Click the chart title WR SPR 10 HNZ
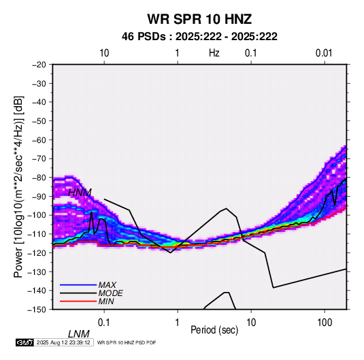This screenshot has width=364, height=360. (199, 19)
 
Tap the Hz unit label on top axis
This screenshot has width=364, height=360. (214, 53)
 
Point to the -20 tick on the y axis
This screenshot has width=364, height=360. (39, 65)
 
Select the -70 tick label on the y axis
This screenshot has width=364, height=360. (39, 159)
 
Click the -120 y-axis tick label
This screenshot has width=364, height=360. (37, 252)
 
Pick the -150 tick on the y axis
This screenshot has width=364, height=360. (37, 309)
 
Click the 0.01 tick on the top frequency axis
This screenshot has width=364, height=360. (324, 53)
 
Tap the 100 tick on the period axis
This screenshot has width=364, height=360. (325, 323)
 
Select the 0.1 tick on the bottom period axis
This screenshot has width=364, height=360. (104, 323)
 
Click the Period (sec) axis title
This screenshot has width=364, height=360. (214, 330)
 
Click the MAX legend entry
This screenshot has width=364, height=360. (107, 285)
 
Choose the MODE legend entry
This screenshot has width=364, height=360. (110, 293)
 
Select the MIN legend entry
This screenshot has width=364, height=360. (106, 301)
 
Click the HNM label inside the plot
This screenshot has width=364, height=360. (80, 193)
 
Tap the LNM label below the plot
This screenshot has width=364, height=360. (79, 334)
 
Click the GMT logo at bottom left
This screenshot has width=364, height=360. (24, 342)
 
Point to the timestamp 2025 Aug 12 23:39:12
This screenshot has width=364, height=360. (63, 342)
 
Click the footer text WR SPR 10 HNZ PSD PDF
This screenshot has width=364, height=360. (127, 342)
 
